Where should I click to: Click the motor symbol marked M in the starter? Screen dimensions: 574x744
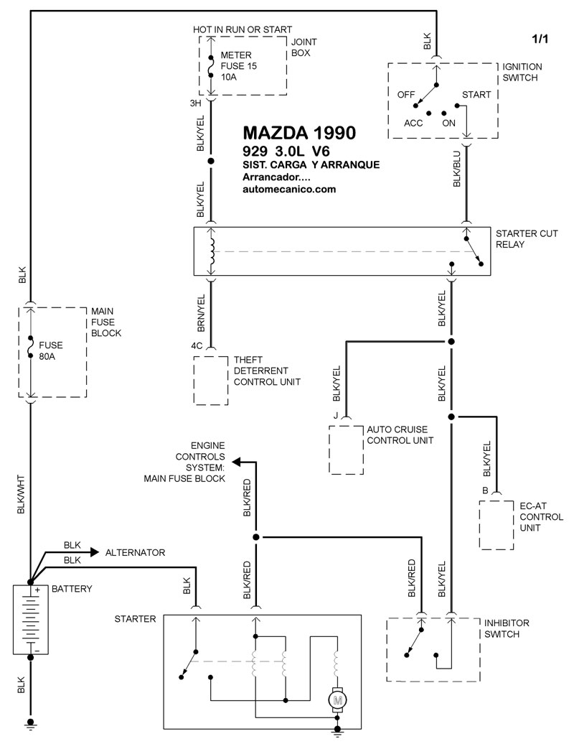[337, 699]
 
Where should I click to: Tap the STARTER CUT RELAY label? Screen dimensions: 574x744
[527, 238]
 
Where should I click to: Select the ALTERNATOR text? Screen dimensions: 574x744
[135, 552]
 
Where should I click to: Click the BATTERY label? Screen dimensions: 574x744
[72, 588]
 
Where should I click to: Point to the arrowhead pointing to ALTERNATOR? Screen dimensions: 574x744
[95, 552]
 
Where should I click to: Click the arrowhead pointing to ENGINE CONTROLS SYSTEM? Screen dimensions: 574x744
[236, 462]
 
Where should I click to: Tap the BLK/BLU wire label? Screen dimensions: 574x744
[457, 169]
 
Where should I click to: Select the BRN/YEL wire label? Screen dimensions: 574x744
[201, 313]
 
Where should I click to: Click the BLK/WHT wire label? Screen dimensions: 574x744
[20, 494]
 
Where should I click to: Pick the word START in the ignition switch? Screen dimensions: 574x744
[476, 94]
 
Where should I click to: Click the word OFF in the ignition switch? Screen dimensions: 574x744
[405, 94]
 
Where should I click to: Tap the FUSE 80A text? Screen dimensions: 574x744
[50, 350]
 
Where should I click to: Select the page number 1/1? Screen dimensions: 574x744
[540, 39]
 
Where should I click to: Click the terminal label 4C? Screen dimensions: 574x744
[197, 345]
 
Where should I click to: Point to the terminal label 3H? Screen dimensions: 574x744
[195, 103]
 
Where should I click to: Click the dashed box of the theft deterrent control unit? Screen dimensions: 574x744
[194, 381]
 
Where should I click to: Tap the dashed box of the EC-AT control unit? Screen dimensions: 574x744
[479, 525]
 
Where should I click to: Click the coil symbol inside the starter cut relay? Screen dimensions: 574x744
[212, 251]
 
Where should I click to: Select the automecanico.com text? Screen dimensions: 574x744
[289, 189]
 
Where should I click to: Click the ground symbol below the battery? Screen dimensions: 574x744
[31, 723]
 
